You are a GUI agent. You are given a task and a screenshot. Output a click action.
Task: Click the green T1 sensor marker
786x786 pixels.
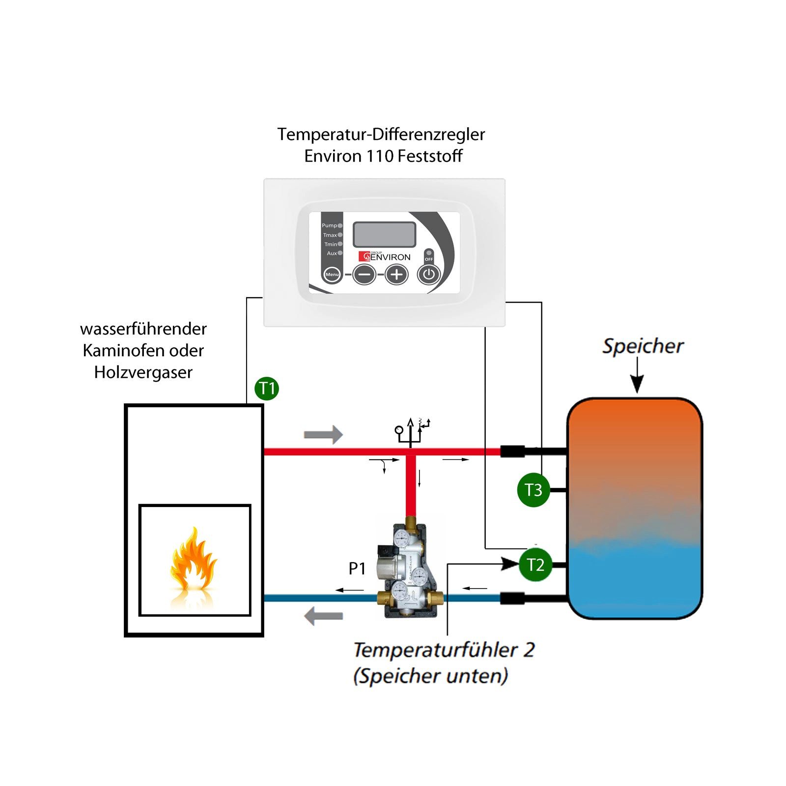(x=267, y=389)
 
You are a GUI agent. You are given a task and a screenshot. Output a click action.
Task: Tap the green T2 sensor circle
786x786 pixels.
(x=535, y=565)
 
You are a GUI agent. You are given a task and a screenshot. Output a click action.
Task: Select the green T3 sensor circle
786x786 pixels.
(x=533, y=490)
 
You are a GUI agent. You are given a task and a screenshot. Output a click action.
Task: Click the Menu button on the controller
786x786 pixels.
(x=332, y=275)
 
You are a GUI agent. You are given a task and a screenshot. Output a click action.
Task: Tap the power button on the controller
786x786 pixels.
(x=429, y=274)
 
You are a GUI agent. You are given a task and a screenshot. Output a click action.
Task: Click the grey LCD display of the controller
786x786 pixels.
(x=385, y=234)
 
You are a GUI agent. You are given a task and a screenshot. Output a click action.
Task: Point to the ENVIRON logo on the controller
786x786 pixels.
(x=385, y=256)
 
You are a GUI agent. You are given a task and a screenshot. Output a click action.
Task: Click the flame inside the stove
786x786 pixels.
(x=193, y=560)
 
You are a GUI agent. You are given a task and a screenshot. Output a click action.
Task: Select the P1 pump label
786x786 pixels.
(x=357, y=569)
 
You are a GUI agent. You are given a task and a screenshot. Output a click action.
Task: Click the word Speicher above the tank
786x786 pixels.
(x=643, y=346)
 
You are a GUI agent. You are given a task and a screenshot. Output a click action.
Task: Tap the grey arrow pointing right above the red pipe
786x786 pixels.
(x=323, y=435)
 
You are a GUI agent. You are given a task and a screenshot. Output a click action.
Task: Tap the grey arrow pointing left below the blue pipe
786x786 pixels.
(x=323, y=616)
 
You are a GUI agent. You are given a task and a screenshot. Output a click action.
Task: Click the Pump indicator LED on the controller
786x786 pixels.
(x=340, y=226)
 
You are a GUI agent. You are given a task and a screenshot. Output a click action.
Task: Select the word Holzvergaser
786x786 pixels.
(x=143, y=372)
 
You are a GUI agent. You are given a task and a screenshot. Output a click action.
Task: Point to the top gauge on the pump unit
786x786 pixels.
(x=402, y=539)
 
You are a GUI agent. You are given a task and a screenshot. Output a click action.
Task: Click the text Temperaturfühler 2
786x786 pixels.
(x=444, y=650)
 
